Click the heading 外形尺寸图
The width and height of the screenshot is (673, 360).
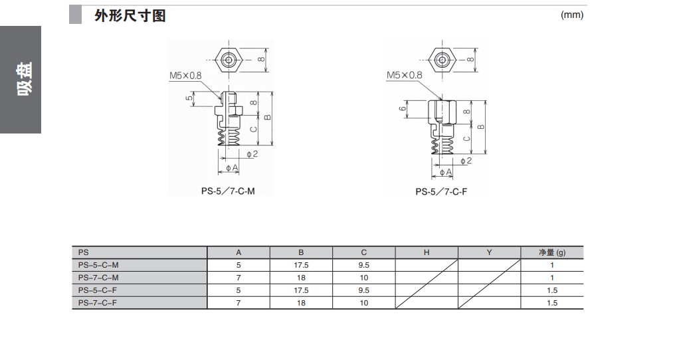[x=130, y=16]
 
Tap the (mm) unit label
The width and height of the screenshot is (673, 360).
[x=572, y=15]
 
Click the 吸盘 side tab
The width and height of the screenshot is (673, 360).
[x=25, y=79]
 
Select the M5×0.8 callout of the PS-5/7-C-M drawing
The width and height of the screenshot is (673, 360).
[x=185, y=76]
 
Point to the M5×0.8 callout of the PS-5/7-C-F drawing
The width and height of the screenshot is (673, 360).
[x=405, y=75]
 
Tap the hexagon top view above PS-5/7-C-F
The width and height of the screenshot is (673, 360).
[x=442, y=60]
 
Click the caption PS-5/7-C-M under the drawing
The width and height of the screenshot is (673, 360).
[x=228, y=191]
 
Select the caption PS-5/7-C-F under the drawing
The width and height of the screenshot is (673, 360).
[x=441, y=192]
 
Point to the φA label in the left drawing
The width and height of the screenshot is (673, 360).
[x=232, y=167]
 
